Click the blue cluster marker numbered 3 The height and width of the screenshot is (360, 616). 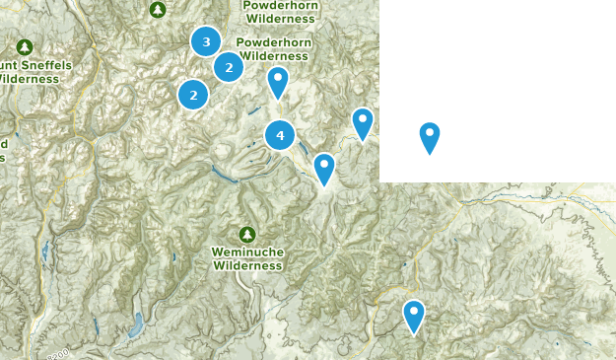(x=206, y=41)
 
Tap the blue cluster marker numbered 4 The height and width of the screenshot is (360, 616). (x=280, y=134)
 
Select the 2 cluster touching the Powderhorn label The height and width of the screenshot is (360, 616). (x=229, y=67)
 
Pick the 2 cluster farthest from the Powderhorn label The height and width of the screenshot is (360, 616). (x=193, y=95)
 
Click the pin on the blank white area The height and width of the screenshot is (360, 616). (x=430, y=137)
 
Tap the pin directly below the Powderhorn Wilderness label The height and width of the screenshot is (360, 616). (x=278, y=81)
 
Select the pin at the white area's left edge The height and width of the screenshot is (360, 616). (x=363, y=123)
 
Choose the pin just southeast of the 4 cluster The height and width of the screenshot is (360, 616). (x=324, y=169)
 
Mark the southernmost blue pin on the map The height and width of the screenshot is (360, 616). (x=414, y=316)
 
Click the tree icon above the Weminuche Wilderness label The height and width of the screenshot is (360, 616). (x=246, y=234)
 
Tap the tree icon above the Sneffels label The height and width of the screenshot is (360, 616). (x=25, y=46)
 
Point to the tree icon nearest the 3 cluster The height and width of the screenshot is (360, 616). (x=158, y=10)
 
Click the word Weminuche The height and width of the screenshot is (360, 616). (x=247, y=252)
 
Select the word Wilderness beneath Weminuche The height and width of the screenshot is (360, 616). (x=247, y=265)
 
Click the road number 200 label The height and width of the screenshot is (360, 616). (x=58, y=353)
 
